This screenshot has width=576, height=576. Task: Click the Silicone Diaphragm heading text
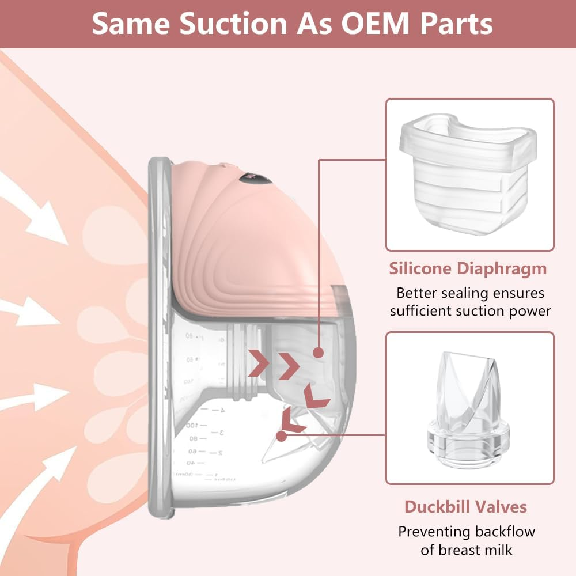point(468,268)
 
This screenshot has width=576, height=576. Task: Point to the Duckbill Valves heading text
point(465,507)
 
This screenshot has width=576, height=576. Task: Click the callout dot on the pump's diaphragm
point(319,353)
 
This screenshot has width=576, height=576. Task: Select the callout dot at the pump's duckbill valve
point(281,436)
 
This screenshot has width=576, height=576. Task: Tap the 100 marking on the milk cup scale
point(192,425)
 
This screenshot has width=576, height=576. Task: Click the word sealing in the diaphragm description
point(453,293)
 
